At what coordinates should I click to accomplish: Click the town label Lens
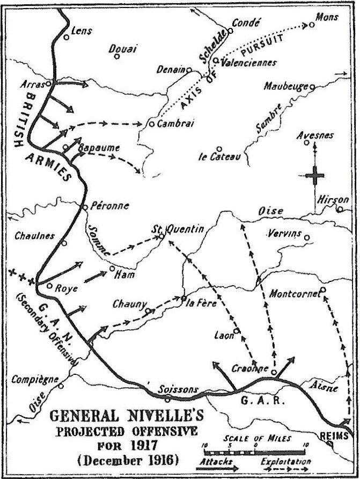tap(82, 31)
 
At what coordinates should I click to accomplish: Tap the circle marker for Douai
tap(117, 56)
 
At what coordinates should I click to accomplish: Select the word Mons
tap(327, 18)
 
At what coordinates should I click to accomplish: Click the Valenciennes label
tap(248, 62)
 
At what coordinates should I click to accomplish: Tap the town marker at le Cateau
tap(219, 149)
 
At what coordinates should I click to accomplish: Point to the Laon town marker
tap(236, 330)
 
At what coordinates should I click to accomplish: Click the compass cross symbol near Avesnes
tap(314, 175)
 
